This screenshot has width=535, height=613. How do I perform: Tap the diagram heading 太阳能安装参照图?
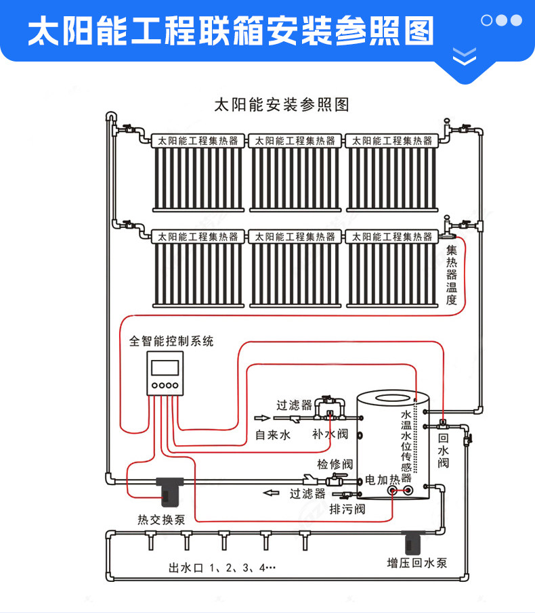(281, 104)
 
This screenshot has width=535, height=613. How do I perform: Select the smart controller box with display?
(165, 375)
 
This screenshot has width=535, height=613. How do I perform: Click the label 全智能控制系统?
(171, 341)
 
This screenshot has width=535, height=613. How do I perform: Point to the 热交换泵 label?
(160, 520)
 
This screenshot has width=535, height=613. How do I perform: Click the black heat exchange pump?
(167, 489)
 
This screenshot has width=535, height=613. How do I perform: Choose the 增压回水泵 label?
(416, 563)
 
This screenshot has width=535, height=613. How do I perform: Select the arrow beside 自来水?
(261, 419)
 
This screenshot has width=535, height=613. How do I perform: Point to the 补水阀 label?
(330, 435)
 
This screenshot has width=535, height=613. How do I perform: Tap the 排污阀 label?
(347, 509)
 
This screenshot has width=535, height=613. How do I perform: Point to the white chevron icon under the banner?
(464, 58)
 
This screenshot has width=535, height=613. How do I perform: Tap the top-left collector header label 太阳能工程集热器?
(198, 141)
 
